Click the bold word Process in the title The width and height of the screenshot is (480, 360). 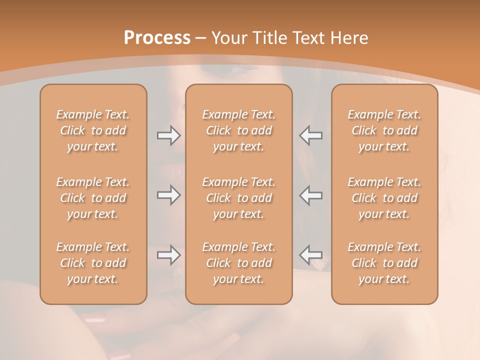157,38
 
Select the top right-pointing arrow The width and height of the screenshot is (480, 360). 168,135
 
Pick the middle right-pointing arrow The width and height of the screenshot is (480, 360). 168,195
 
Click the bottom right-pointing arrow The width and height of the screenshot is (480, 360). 168,255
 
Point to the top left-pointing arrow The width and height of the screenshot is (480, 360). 311,135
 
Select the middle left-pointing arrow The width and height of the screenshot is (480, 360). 311,195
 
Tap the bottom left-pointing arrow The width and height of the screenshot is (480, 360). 311,255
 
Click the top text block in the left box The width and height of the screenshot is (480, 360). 93,130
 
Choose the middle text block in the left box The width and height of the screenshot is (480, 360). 93,198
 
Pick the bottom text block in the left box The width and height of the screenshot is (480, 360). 93,263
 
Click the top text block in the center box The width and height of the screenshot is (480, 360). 239,130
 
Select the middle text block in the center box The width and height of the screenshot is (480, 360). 239,198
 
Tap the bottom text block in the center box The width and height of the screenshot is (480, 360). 239,263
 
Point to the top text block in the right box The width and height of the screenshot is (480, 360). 384,130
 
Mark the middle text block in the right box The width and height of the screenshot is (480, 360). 384,198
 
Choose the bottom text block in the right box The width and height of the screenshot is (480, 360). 384,263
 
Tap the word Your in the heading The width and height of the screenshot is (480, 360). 228,38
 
